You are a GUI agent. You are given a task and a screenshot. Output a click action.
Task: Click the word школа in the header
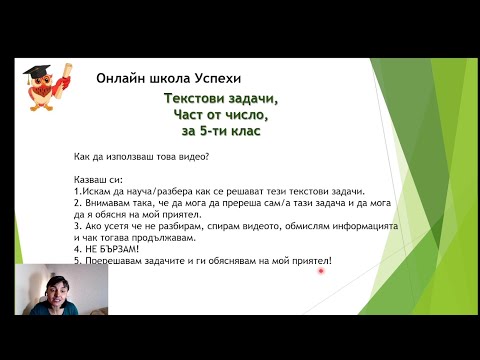coord(168,78)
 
